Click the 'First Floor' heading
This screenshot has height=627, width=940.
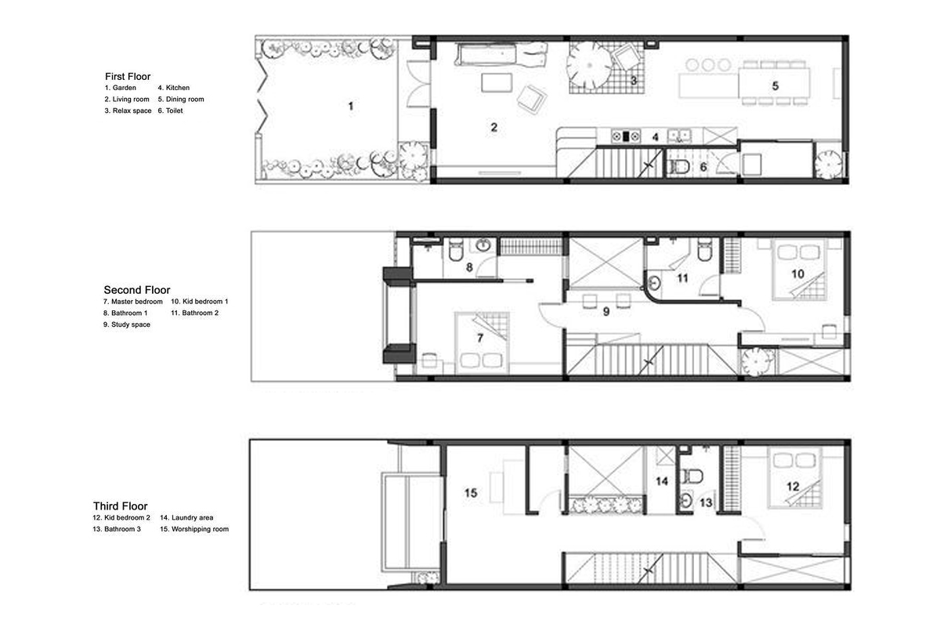128,77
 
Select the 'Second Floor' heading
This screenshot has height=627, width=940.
137,290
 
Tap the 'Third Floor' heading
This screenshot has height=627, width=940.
121,506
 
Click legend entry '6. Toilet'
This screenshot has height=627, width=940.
171,111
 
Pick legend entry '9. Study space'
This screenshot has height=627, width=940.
127,324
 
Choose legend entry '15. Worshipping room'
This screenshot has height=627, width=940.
194,529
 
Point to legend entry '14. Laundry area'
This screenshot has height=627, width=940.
186,517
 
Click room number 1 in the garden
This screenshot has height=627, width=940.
351,106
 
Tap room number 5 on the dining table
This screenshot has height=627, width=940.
775,85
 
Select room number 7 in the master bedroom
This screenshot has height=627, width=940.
480,338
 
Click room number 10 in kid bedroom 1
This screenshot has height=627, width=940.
797,274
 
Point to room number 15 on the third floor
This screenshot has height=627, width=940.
471,493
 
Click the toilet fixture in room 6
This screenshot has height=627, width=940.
678,167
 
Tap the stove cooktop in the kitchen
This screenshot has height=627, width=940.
626,136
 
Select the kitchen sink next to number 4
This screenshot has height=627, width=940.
679,136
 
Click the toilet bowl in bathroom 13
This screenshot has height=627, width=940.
692,477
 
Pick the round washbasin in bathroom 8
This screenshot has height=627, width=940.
483,245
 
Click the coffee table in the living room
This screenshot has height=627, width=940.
497,82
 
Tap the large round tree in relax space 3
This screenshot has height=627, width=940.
589,65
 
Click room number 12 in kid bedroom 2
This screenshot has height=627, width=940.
793,486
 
